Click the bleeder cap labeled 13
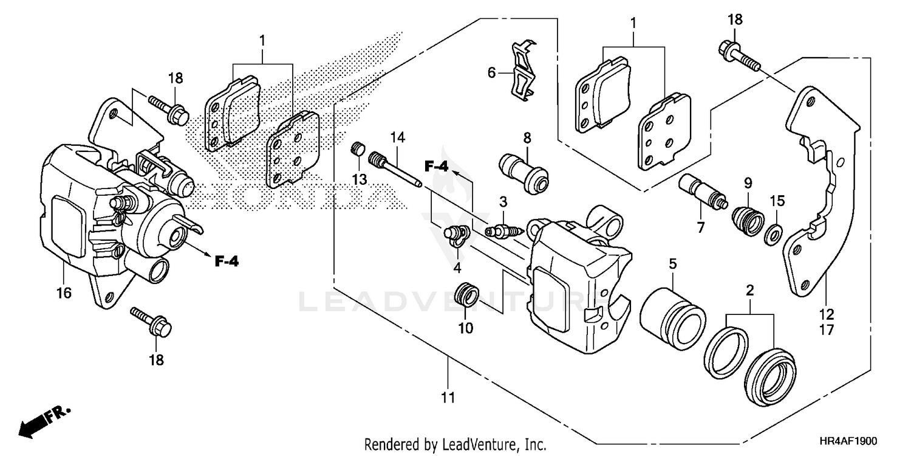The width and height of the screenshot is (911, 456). pos(358,150)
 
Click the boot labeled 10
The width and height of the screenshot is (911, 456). pos(466,294)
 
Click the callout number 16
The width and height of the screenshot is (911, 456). pos(64,293)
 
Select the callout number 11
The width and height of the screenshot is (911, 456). pos(448,399)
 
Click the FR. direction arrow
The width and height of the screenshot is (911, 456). pos(45,420)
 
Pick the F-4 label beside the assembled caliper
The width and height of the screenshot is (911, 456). pos(227,261)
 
